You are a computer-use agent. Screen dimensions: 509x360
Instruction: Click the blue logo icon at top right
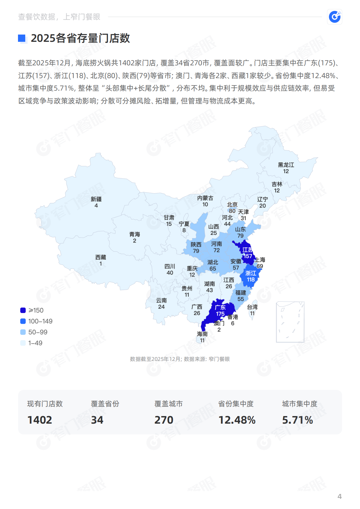point(335,17)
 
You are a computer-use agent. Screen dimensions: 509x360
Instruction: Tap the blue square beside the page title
point(22,38)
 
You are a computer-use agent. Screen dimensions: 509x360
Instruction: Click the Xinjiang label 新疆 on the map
point(96,199)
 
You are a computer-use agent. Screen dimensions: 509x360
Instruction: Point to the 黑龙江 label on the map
point(286,165)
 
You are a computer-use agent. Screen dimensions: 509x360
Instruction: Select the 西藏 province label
point(101,257)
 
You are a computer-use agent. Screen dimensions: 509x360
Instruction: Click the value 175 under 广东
point(220,314)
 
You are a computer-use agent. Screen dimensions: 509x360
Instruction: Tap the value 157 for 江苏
point(248,256)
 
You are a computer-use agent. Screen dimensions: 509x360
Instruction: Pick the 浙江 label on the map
point(251,273)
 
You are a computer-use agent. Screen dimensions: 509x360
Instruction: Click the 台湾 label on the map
point(252,307)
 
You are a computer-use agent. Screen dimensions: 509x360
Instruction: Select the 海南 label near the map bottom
point(202,334)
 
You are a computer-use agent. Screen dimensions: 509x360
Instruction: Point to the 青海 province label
point(135,234)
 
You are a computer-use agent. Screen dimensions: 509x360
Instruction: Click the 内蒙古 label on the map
point(205,198)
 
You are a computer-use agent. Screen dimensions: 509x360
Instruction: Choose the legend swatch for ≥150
point(23,310)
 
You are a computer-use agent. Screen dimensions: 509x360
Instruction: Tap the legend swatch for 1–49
point(23,343)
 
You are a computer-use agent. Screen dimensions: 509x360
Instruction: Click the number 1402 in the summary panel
point(40,420)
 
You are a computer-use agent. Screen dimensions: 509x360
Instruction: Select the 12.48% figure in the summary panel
point(237,420)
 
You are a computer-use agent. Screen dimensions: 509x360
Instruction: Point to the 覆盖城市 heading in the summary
point(169,404)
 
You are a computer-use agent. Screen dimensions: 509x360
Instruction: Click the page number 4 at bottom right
point(339,496)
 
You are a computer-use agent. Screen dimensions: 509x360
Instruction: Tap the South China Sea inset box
point(290,322)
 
